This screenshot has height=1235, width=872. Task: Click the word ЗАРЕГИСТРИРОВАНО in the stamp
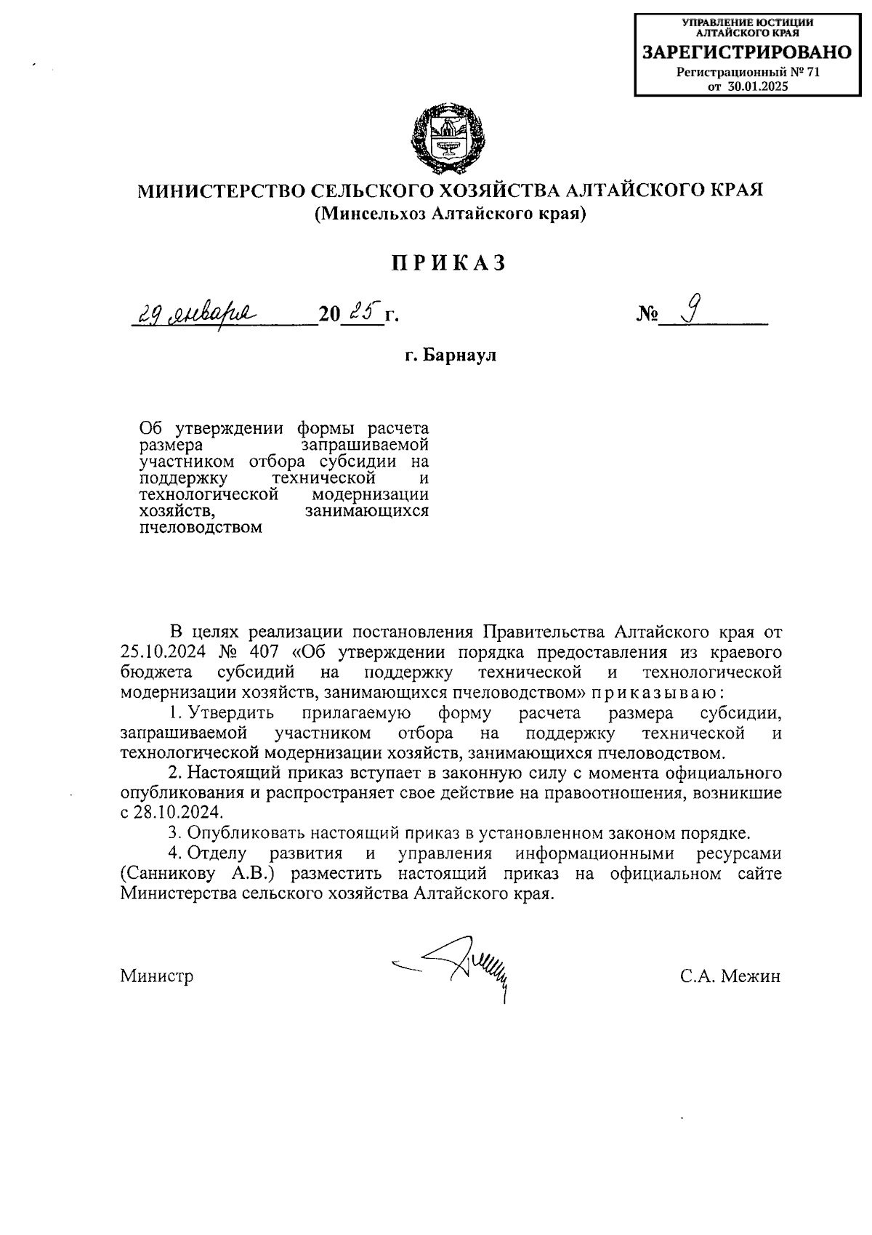click(x=747, y=52)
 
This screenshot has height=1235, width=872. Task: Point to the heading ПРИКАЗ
click(x=448, y=264)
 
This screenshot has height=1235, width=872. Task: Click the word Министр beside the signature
click(x=157, y=976)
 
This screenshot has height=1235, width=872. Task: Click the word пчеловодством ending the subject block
click(x=200, y=528)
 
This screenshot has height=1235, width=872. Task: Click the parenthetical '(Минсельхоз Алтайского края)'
click(x=449, y=214)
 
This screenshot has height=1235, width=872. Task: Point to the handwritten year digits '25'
click(x=361, y=313)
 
